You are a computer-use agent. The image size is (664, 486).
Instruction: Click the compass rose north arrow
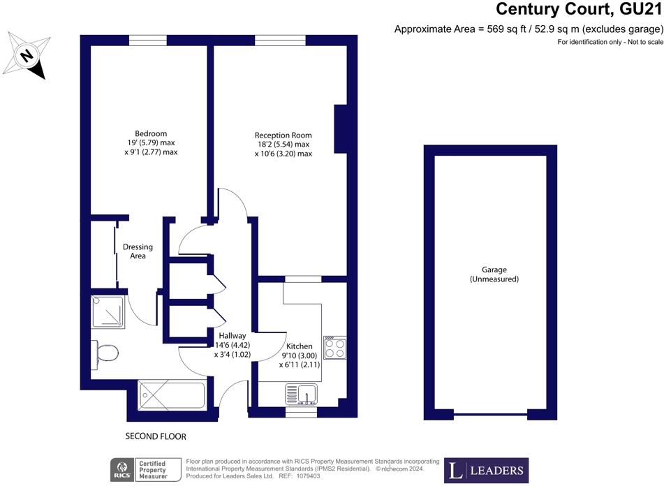(27, 56)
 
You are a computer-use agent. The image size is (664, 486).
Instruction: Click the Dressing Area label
(138, 251)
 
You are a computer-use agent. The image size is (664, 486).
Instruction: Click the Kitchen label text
(300, 346)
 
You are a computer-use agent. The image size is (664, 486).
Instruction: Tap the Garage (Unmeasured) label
(494, 274)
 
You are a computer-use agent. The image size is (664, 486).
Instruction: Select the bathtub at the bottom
(172, 395)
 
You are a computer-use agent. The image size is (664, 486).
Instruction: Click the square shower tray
(108, 311)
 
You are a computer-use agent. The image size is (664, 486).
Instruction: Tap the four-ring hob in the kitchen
(335, 348)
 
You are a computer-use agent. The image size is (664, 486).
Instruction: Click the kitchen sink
(301, 395)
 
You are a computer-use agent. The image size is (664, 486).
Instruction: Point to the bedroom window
(148, 40)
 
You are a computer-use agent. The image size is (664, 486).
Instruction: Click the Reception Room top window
(281, 40)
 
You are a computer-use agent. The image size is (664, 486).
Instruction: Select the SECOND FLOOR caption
(156, 436)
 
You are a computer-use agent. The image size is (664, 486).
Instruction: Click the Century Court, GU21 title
(579, 8)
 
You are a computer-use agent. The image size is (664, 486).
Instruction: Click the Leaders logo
(486, 471)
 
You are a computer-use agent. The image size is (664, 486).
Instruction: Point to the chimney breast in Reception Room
(341, 128)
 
